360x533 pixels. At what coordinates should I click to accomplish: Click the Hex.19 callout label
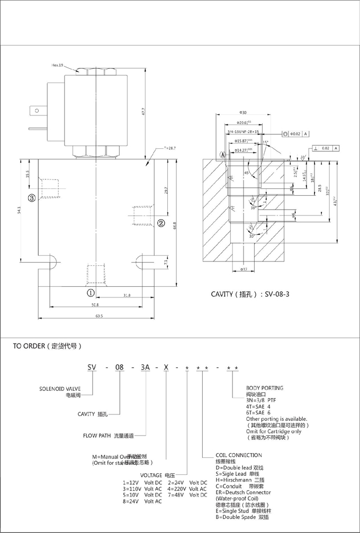(x=57, y=65)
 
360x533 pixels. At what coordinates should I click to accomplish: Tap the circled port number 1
(x=91, y=292)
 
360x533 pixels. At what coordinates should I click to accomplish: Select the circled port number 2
(x=160, y=222)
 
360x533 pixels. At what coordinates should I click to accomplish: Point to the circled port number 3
(x=32, y=198)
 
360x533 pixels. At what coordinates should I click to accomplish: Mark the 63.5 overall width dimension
(x=99, y=316)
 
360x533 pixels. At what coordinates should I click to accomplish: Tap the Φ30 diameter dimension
(x=242, y=113)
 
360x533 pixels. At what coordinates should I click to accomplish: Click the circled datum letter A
(x=223, y=155)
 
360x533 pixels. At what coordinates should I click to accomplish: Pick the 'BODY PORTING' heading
(x=265, y=388)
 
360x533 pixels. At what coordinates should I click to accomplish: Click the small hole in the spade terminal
(x=36, y=111)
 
